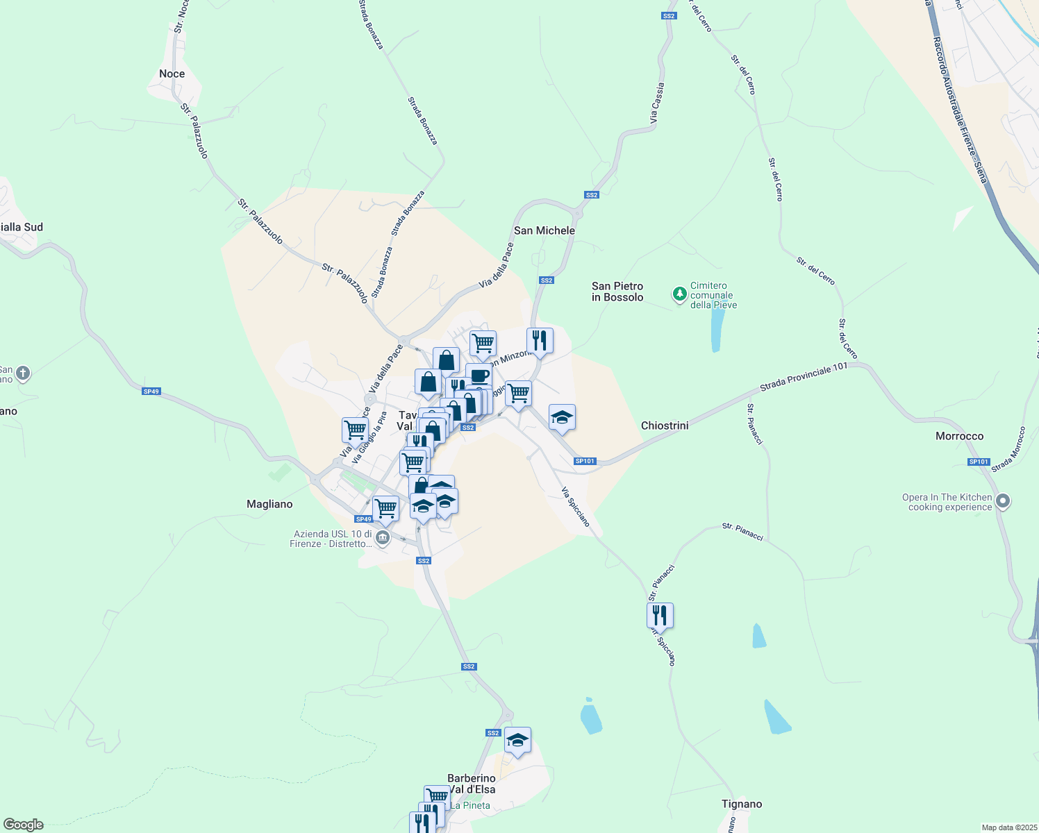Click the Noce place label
[x=172, y=74]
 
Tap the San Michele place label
[x=544, y=230]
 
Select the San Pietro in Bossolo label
[x=617, y=292]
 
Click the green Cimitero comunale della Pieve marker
[x=679, y=294]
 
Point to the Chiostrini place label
[x=665, y=426]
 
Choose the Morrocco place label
[x=959, y=436]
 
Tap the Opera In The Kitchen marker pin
[x=1002, y=501]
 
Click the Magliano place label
[x=269, y=504]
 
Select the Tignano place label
[x=742, y=804]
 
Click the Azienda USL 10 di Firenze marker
[x=382, y=538]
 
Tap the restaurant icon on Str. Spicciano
[x=660, y=615]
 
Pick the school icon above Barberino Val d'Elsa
[x=517, y=741]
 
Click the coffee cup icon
[x=479, y=376]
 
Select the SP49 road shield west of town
[x=151, y=392]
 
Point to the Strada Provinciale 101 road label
[x=804, y=376]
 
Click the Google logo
[x=24, y=824]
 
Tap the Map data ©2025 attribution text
[x=1008, y=827]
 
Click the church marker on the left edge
[x=23, y=374]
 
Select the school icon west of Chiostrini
[x=562, y=418]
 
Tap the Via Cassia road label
[x=657, y=105]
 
